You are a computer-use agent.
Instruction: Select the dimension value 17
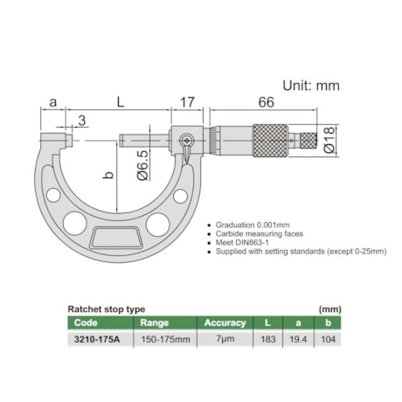click(186, 103)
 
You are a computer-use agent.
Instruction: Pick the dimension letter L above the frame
click(120, 103)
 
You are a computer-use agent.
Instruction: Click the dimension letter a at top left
click(53, 103)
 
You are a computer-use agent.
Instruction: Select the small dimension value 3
click(81, 119)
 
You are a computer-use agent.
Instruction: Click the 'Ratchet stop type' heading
click(107, 308)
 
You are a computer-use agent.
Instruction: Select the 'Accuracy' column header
click(225, 322)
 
